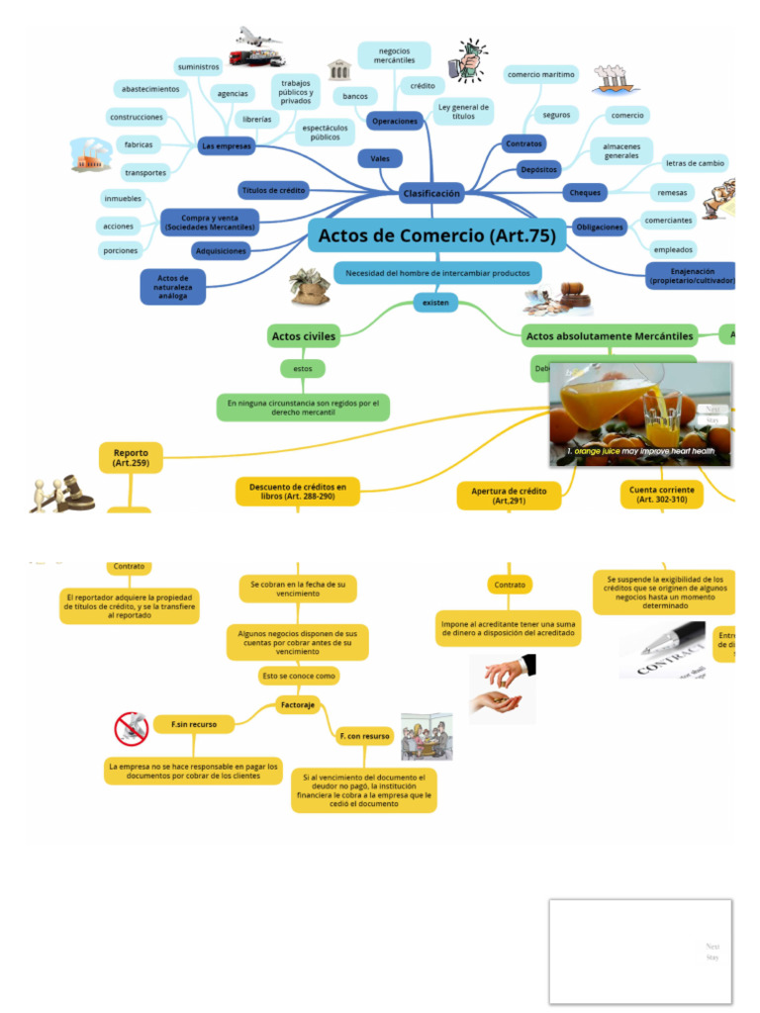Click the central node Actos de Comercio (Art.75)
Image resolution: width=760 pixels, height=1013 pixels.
pyautogui.click(x=437, y=235)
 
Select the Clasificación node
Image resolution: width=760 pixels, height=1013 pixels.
pyautogui.click(x=431, y=194)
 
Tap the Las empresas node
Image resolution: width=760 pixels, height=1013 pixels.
pyautogui.click(x=227, y=146)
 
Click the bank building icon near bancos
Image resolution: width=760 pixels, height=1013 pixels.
pyautogui.click(x=339, y=69)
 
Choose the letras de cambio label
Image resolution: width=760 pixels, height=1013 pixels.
pyautogui.click(x=695, y=163)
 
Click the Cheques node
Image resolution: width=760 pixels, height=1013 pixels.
pyautogui.click(x=585, y=192)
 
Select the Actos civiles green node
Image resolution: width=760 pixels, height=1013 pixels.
pyautogui.click(x=304, y=336)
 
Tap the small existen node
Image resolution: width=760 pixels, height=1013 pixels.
pyautogui.click(x=435, y=302)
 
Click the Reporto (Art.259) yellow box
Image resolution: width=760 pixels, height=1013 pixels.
pyautogui.click(x=131, y=457)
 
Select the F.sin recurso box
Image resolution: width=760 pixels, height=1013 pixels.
pyautogui.click(x=194, y=725)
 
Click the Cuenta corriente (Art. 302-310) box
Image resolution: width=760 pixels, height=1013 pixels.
pyautogui.click(x=662, y=495)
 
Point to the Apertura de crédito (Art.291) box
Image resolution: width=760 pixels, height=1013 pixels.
pyautogui.click(x=509, y=496)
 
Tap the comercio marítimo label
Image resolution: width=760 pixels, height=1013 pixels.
pyautogui.click(x=540, y=74)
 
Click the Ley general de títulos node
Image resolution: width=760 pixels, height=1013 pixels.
pyautogui.click(x=463, y=111)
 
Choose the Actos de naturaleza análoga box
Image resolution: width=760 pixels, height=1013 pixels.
pyautogui.click(x=172, y=287)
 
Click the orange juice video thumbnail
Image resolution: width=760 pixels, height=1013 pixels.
pyautogui.click(x=640, y=414)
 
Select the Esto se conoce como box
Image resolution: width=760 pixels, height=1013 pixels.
pyautogui.click(x=298, y=676)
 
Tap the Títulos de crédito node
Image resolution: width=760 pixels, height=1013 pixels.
pyautogui.click(x=273, y=189)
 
